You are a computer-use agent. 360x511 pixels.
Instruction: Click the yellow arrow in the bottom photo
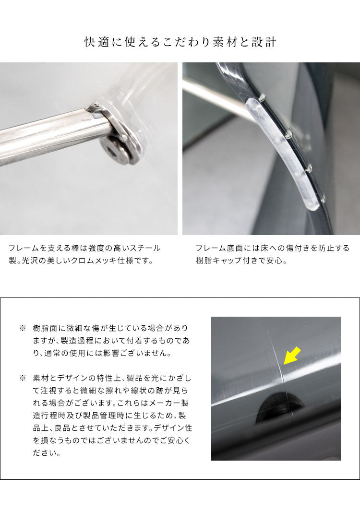pos(292,356)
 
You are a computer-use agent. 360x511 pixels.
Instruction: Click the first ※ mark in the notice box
pos(23,328)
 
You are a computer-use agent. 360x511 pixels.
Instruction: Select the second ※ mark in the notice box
pos(23,379)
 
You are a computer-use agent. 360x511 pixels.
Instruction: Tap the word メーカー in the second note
pos(165,404)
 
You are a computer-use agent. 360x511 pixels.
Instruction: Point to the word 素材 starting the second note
pos(41,379)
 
